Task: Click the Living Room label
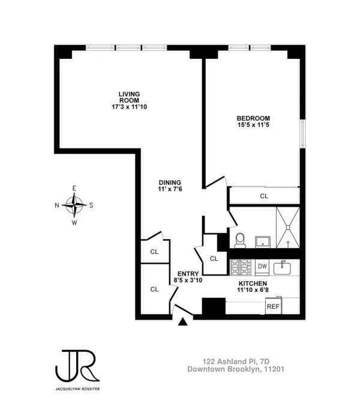click(x=129, y=97)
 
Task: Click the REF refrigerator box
click(x=273, y=306)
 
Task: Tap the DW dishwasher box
click(x=262, y=265)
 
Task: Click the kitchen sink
click(x=282, y=266)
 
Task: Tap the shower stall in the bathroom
click(x=288, y=226)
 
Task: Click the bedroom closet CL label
click(x=264, y=196)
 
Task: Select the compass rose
click(x=74, y=205)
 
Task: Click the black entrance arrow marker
click(x=184, y=323)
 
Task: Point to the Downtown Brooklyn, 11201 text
click(x=235, y=370)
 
